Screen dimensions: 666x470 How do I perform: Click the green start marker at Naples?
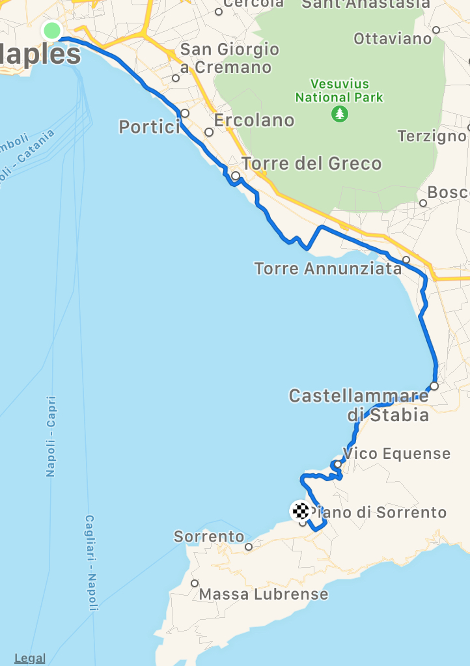coord(51,30)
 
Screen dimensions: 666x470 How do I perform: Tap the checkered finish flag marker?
coord(300,510)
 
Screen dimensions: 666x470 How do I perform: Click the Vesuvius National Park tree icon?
coord(340,115)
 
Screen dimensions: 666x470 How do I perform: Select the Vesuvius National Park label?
coord(339,90)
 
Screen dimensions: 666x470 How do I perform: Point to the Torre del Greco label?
coord(311,163)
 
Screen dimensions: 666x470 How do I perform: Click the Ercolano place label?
coord(254,120)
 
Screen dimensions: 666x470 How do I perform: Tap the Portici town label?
coord(149,126)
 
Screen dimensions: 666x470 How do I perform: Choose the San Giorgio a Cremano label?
coord(229,58)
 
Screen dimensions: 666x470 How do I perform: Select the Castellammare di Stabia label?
coord(359,405)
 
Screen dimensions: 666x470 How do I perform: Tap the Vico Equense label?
coord(396,453)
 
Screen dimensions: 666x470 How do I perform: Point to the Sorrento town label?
coord(209,537)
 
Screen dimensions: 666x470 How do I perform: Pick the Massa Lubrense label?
coord(264,594)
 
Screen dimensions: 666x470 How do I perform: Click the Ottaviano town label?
coord(393,38)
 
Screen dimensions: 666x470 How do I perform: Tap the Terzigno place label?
coord(432,136)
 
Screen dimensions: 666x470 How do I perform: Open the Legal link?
coord(30,658)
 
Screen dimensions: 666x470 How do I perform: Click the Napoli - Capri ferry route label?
coord(51,436)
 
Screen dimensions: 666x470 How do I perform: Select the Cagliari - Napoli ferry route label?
coord(90,562)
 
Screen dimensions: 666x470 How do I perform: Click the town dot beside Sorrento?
coord(249,547)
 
